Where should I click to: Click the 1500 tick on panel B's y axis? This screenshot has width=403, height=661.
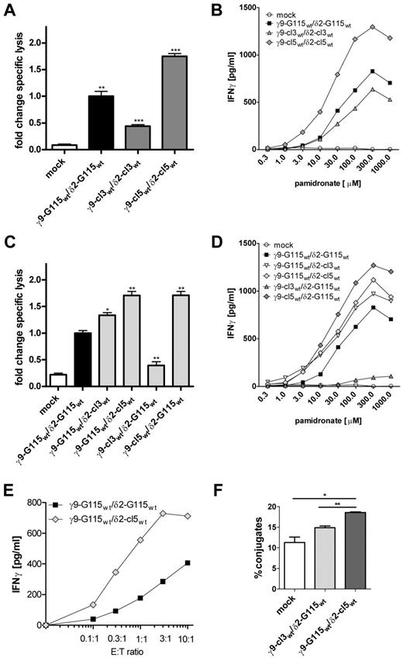(233, 8)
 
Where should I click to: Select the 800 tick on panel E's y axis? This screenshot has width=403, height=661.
(33, 525)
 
